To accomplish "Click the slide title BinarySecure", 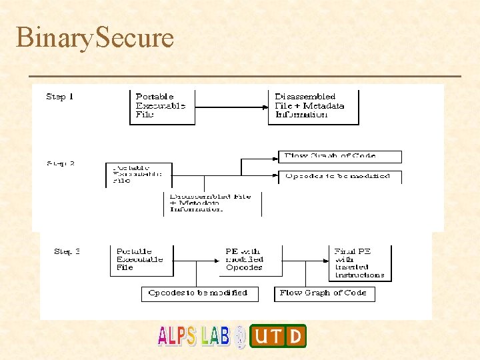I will tap(95, 37).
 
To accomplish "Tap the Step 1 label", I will tap(60, 97).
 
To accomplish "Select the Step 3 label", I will tap(67, 251).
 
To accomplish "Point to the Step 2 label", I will tap(61, 163).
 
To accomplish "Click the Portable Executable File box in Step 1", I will tap(162, 105).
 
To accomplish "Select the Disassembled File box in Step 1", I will tap(313, 105).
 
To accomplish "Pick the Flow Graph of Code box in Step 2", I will tap(340, 157).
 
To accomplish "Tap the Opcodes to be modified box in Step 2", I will tap(340, 177).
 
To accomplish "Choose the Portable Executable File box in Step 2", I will tap(139, 174).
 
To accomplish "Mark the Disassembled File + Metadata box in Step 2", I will tap(213, 203).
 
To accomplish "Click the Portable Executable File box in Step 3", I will tap(141, 260).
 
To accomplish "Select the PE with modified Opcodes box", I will tap(251, 260).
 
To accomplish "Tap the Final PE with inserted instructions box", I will tap(361, 263).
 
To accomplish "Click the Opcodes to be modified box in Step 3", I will tap(197, 293).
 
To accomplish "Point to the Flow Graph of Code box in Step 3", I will tap(324, 293).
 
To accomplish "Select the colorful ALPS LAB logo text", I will tap(193, 336).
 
